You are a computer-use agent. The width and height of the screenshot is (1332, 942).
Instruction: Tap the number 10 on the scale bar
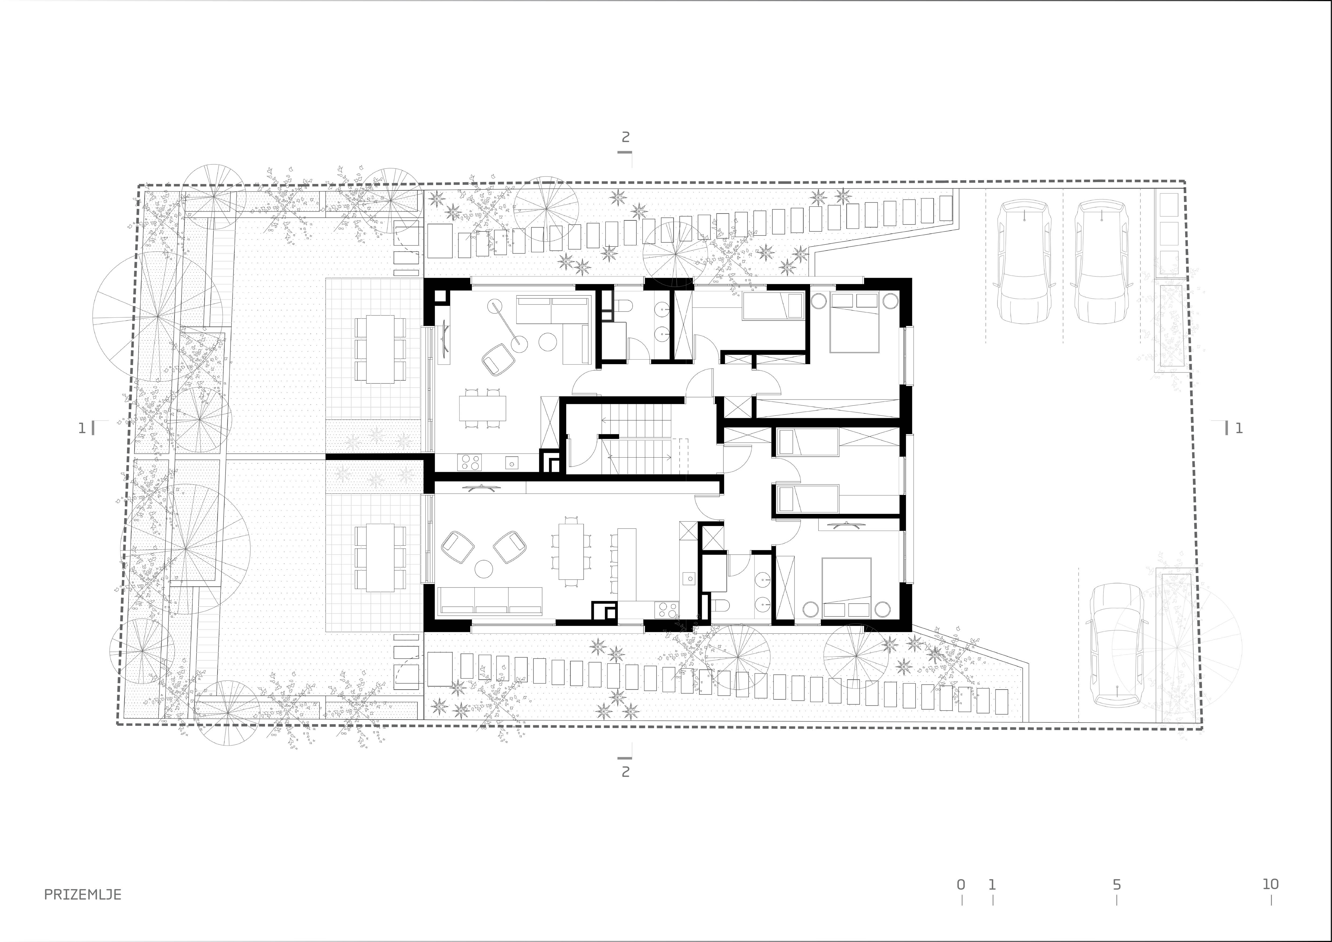[x=1271, y=884]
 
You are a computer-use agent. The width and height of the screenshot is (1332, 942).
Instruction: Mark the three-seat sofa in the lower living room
[x=491, y=600]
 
